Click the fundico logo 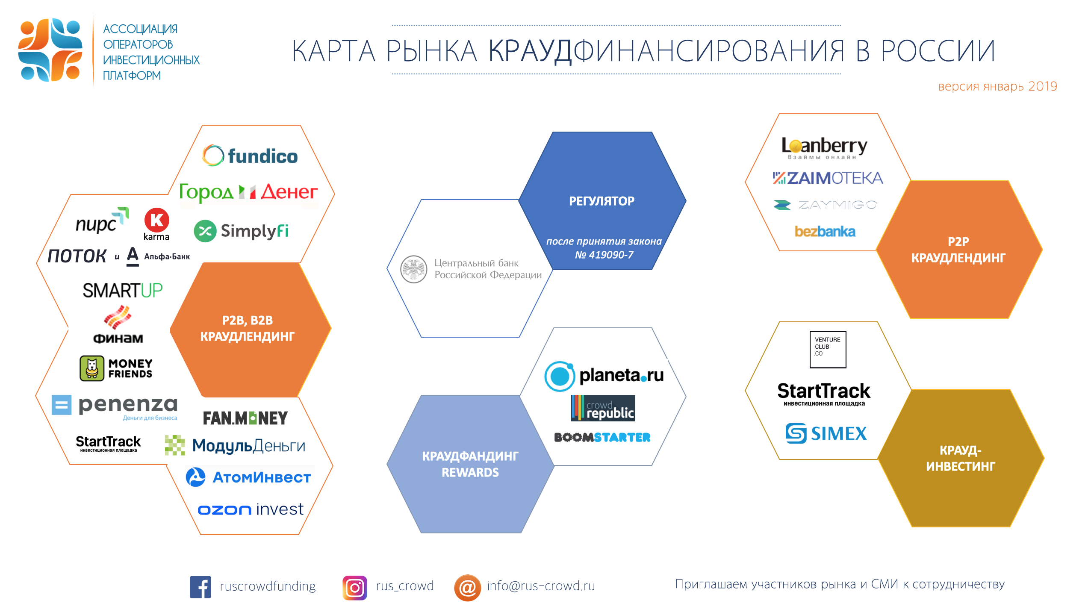pos(250,156)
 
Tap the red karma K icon pos(156,220)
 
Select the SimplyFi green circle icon pos(205,231)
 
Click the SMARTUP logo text pos(123,291)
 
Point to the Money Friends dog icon pos(92,368)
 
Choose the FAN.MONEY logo pos(245,418)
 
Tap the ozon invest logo pos(251,509)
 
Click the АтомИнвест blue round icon pos(196,477)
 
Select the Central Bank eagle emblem pos(414,269)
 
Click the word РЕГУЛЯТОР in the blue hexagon pos(602,201)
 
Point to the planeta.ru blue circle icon pos(560,376)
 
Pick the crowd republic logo pos(603,408)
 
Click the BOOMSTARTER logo pos(602,437)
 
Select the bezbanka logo pos(825,231)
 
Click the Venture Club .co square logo pos(828,349)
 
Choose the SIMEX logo pos(826,433)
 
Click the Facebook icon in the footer pos(201,587)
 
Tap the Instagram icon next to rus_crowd pos(355,588)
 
